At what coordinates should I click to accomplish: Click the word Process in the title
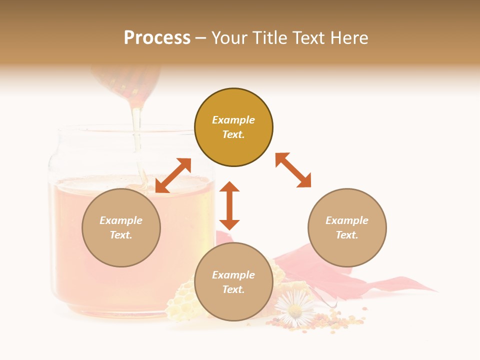tap(157, 38)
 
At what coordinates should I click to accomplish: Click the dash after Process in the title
tap(201, 39)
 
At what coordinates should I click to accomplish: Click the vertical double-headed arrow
tap(229, 205)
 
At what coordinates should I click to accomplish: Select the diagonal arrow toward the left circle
tap(173, 175)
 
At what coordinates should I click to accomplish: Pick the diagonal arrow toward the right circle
tap(293, 170)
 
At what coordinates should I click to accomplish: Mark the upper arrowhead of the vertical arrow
tap(229, 186)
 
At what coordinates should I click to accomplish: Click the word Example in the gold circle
tap(233, 120)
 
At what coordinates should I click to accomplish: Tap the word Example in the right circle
tap(347, 220)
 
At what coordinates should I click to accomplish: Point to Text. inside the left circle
tap(121, 235)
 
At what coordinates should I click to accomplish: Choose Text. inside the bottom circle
tap(233, 289)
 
